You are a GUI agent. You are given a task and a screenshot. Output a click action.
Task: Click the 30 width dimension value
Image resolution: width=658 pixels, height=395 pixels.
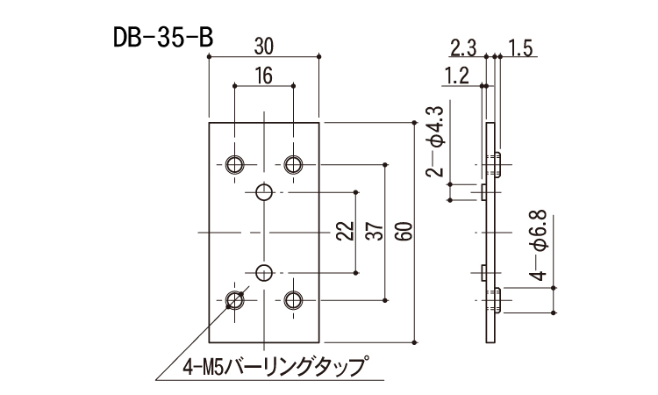point(264,44)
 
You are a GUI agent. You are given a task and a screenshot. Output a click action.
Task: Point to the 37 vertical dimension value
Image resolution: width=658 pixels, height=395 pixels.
point(376,232)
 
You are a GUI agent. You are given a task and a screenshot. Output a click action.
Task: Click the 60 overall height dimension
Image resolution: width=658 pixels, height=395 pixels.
point(404,232)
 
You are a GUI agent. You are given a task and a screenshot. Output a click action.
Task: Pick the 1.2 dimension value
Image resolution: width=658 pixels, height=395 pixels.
point(456,76)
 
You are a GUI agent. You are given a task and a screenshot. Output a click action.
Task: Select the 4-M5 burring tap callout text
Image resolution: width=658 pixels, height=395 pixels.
point(273,365)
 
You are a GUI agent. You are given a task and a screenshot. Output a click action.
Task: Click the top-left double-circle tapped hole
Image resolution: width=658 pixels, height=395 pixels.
point(235,164)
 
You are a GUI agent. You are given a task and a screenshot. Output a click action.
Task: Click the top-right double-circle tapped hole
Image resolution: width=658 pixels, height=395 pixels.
point(293,164)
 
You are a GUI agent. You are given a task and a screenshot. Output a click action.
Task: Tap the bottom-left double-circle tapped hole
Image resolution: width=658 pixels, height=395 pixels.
point(235,300)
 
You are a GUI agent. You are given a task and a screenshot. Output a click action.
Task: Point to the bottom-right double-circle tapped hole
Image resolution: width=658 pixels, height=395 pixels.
point(293,300)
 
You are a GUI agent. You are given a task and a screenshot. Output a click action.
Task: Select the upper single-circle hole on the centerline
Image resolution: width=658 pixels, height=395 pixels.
point(264,192)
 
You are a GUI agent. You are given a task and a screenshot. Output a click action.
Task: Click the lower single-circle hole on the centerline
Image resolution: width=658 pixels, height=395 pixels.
point(264,272)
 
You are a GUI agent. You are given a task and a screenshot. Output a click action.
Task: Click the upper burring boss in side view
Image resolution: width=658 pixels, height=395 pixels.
point(497,164)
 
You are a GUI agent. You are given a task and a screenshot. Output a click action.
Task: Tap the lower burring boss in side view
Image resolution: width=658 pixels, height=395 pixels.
point(497,300)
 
